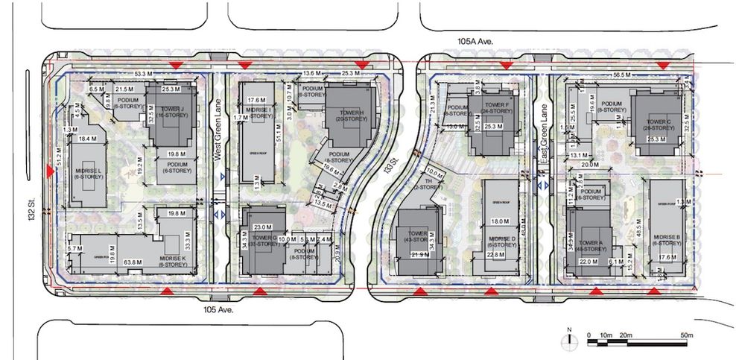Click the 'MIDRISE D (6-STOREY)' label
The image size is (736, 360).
(x=501, y=241)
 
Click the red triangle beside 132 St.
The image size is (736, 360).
(x=50, y=172)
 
